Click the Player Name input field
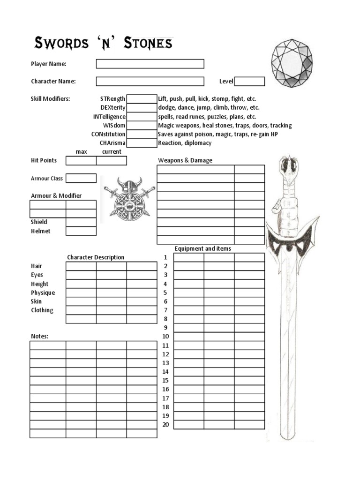(150, 64)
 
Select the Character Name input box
(150, 82)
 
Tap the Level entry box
(249, 82)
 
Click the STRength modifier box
(142, 99)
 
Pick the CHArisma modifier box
(142, 143)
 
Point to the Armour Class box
(81, 178)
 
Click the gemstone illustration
(292, 62)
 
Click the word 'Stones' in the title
(148, 44)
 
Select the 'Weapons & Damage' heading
(185, 160)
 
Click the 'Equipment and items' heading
(202, 248)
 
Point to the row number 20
(165, 425)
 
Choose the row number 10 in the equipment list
(165, 337)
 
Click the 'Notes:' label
(40, 337)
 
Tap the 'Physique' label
(43, 292)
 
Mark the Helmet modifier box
(81, 231)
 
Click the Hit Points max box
(81, 161)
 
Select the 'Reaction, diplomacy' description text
(185, 143)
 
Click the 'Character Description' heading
(96, 257)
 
